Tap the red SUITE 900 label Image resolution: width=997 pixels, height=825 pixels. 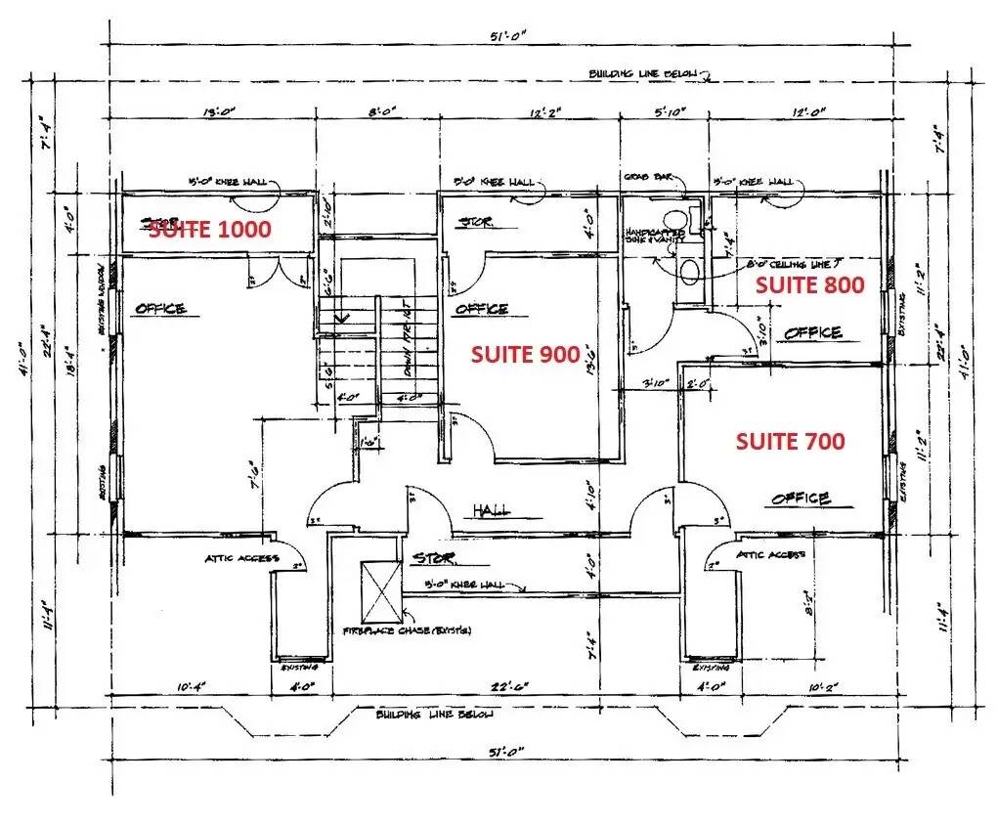tap(526, 355)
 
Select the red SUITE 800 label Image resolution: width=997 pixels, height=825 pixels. tap(809, 285)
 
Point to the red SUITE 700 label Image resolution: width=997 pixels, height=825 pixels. tap(790, 442)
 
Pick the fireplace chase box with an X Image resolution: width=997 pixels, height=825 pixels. tap(382, 591)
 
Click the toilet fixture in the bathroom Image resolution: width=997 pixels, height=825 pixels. tap(688, 267)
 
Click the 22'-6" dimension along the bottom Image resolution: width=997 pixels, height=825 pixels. tap(509, 686)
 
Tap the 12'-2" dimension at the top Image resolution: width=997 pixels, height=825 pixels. tap(547, 112)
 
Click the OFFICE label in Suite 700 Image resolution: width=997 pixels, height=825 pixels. tap(801, 499)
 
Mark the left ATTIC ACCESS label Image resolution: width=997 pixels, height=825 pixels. tap(241, 559)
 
